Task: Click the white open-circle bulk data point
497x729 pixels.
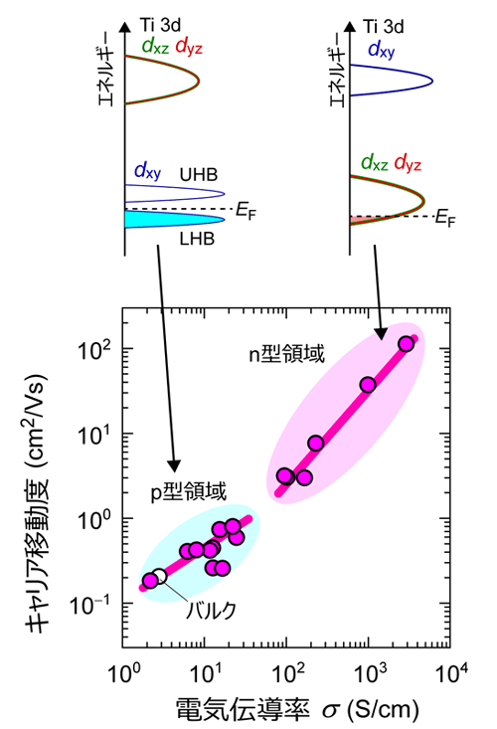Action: click(x=159, y=576)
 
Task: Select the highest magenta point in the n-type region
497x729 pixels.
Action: click(x=406, y=344)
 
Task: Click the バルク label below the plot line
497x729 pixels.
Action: click(x=211, y=611)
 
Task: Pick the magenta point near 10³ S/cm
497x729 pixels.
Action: click(x=368, y=385)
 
